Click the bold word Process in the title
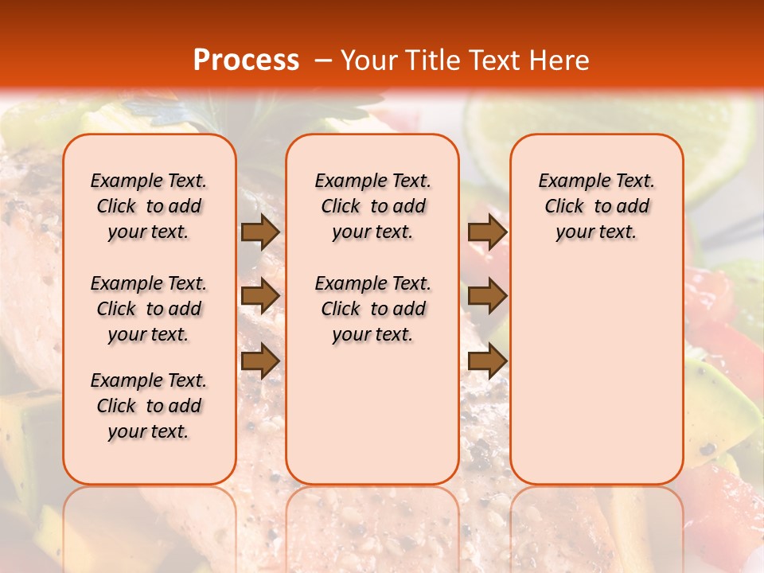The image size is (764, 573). pyautogui.click(x=245, y=60)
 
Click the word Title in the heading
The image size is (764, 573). pyautogui.click(x=435, y=60)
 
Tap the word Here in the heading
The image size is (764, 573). pyautogui.click(x=559, y=60)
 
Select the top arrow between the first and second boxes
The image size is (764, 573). pyautogui.click(x=260, y=232)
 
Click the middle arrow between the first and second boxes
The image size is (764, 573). pyautogui.click(x=260, y=296)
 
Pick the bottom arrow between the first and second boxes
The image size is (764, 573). pyautogui.click(x=260, y=361)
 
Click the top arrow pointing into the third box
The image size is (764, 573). pyautogui.click(x=487, y=232)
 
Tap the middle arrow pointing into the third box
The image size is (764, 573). pyautogui.click(x=487, y=296)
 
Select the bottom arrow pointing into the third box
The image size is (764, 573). pyautogui.click(x=487, y=361)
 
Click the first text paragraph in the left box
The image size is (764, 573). pyautogui.click(x=149, y=206)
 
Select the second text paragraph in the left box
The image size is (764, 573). pyautogui.click(x=149, y=309)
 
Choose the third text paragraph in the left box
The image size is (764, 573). pyautogui.click(x=149, y=406)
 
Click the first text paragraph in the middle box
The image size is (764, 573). pyautogui.click(x=372, y=206)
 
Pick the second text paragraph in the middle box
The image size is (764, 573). pyautogui.click(x=372, y=309)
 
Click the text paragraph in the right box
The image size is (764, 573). pyautogui.click(x=596, y=206)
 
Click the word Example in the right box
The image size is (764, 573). pyautogui.click(x=568, y=181)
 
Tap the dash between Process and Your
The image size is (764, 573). pyautogui.click(x=323, y=60)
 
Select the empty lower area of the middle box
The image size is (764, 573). pyautogui.click(x=372, y=414)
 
